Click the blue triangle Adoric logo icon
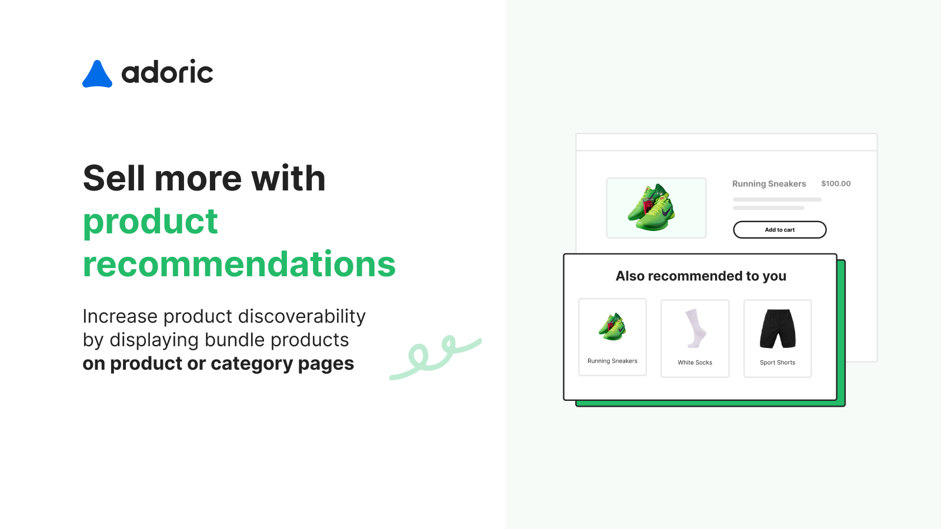[97, 75]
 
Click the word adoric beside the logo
[167, 73]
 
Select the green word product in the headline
[151, 222]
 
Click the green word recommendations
[239, 264]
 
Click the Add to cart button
[779, 230]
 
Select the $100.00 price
[836, 183]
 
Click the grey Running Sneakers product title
[769, 184]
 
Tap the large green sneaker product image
[652, 207]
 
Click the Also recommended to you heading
[700, 276]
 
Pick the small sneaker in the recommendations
[612, 326]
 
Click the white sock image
[696, 329]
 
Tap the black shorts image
[778, 329]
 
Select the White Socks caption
[695, 363]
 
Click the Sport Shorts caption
[777, 363]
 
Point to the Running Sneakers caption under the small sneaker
[612, 361]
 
